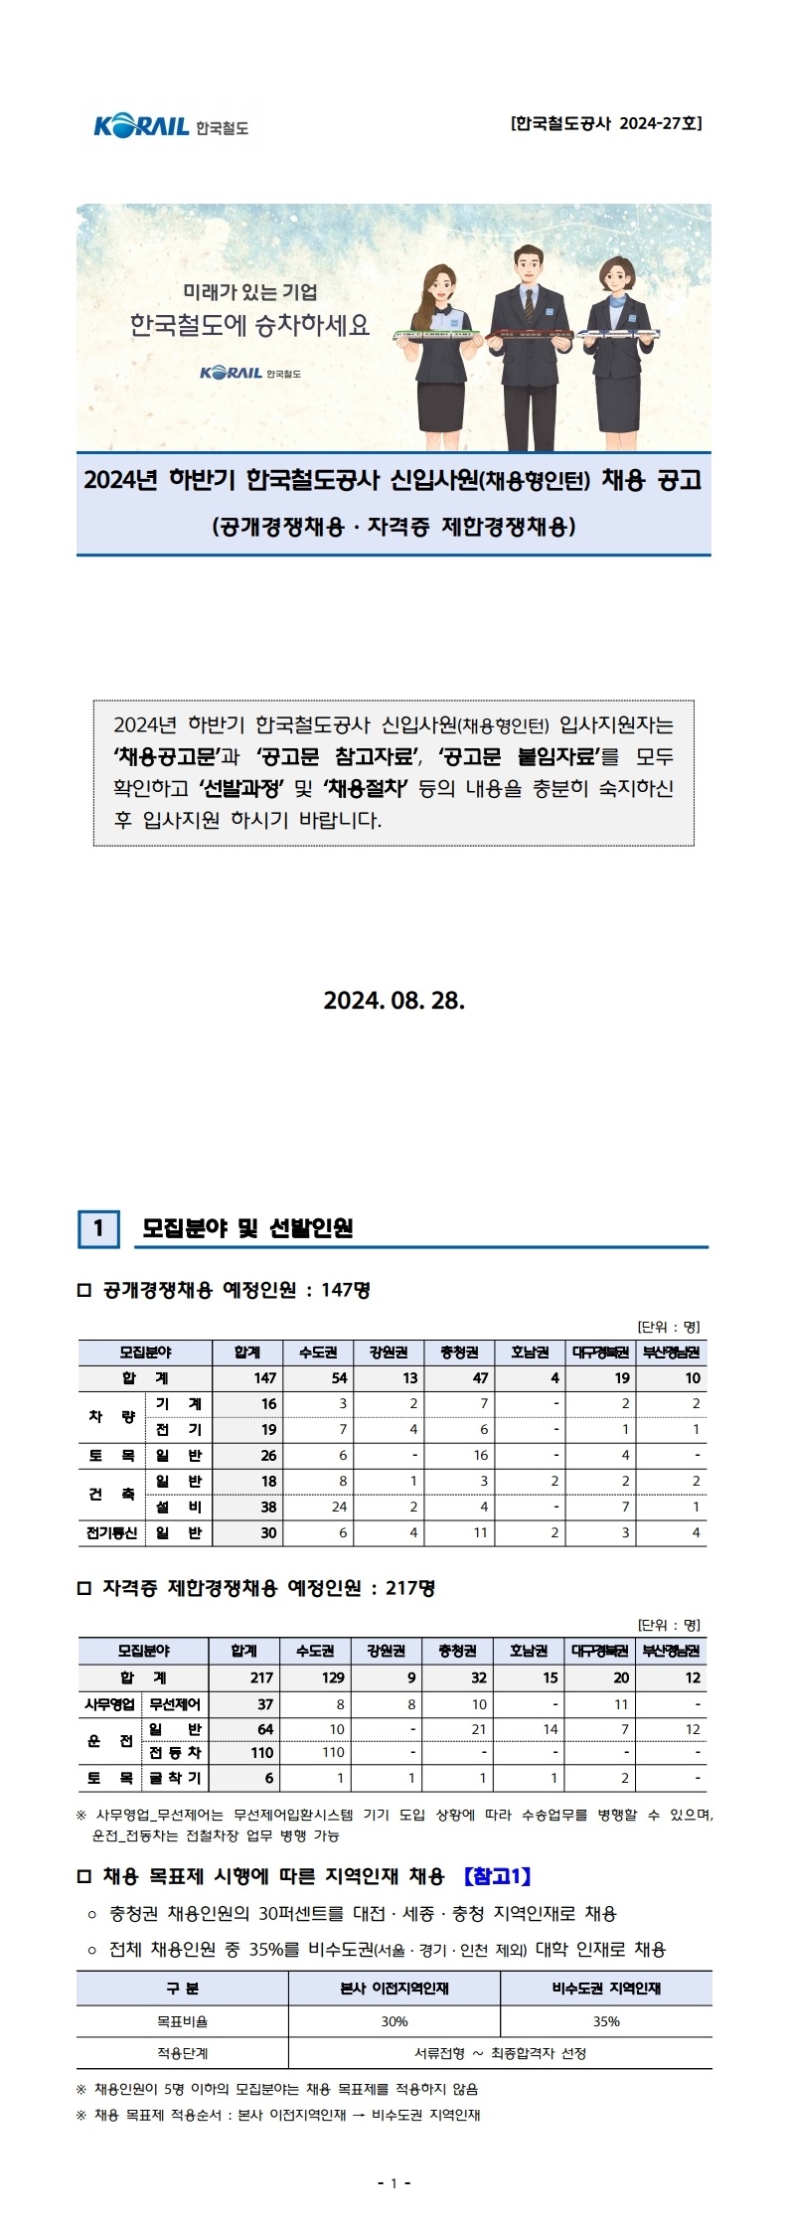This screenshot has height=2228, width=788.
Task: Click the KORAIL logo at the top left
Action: [171, 126]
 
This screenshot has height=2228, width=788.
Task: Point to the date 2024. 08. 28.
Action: [394, 1000]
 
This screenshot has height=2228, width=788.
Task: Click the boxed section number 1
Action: [98, 1228]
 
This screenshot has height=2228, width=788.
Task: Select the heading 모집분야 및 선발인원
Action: [247, 1228]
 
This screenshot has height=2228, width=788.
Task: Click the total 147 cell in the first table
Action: [264, 1377]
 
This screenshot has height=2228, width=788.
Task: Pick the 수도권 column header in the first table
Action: [317, 1353]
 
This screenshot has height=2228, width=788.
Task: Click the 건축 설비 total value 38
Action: [267, 1507]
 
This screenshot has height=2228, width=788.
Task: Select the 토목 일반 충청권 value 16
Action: [480, 1455]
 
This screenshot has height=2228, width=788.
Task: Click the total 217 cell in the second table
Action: [261, 1677]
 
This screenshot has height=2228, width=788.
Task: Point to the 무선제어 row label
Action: [175, 1704]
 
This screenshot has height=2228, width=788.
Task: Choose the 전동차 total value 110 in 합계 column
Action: [261, 1752]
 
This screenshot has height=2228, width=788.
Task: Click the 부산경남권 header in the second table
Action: [671, 1652]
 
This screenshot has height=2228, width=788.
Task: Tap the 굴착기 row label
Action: [175, 1778]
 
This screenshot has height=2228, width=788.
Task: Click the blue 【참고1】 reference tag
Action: [498, 1876]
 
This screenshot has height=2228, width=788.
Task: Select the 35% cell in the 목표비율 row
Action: [605, 2021]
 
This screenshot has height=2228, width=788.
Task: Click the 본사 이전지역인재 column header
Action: [394, 1989]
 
